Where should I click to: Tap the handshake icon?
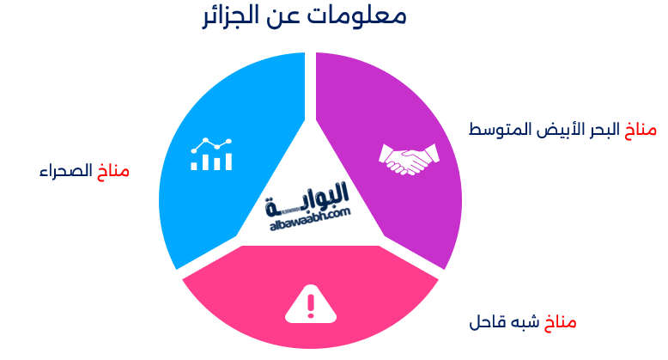point(409,157)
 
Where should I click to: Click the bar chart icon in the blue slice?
point(211,154)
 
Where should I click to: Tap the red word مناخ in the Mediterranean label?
point(640,130)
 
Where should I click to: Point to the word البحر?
point(598,130)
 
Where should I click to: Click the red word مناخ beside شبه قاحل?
point(560,323)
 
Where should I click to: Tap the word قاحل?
point(486,323)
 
